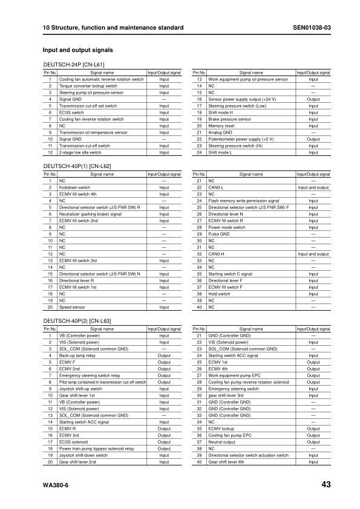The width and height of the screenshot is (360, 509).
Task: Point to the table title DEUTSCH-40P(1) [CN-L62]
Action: [76, 166]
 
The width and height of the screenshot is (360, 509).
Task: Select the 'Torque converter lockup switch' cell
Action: [88, 86]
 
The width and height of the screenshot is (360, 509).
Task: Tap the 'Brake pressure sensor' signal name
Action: [229, 119]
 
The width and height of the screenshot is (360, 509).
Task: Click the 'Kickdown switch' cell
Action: [73, 187]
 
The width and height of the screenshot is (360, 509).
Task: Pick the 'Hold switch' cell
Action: [219, 294]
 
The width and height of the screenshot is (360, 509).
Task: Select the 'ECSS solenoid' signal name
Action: [73, 442]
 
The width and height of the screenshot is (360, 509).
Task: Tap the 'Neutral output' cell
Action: [221, 442]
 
